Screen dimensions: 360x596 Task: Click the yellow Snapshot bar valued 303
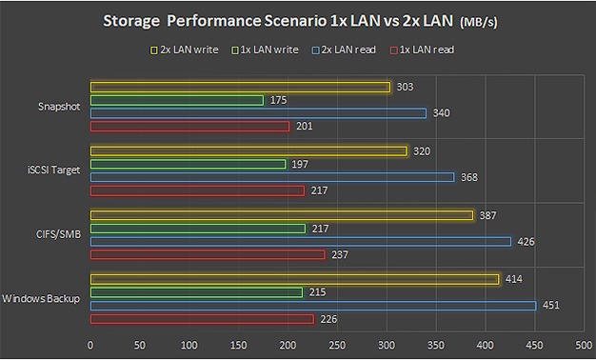point(240,88)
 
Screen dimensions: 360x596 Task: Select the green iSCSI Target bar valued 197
point(188,164)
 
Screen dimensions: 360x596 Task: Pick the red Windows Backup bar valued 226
point(201,318)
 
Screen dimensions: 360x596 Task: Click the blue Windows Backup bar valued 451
point(312,306)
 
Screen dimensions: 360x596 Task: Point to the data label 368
point(468,177)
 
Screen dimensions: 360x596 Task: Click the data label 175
point(277,100)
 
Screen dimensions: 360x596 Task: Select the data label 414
point(514,279)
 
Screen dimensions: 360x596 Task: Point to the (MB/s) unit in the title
point(487,22)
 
